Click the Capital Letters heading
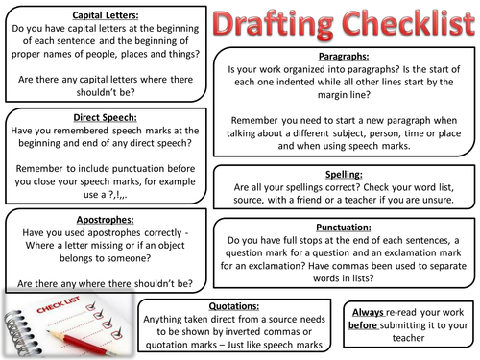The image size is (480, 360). [x=99, y=16]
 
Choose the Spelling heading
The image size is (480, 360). [x=345, y=173]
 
